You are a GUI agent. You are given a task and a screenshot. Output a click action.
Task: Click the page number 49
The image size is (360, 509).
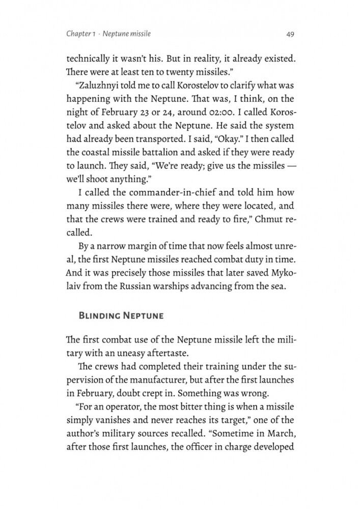point(290,34)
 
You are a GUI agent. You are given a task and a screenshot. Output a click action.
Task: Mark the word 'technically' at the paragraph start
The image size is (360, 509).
point(88,59)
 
